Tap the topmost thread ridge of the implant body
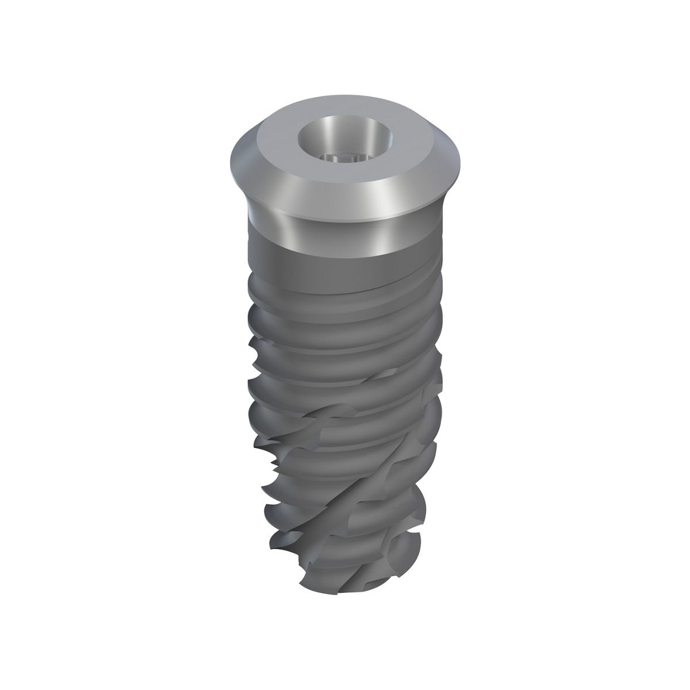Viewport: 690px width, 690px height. [x=345, y=299]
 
